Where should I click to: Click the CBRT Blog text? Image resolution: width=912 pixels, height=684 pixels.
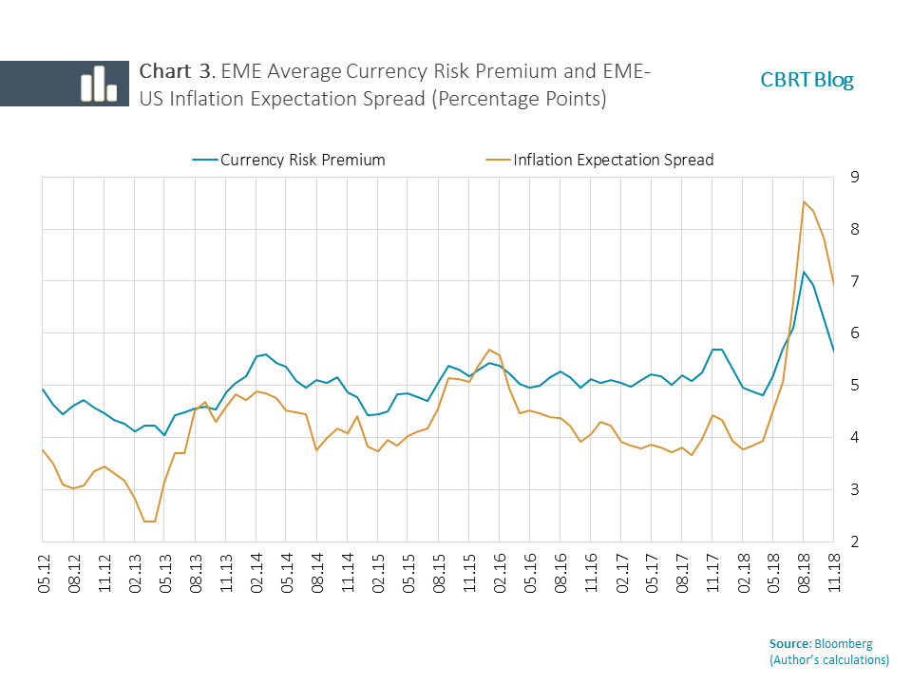807,80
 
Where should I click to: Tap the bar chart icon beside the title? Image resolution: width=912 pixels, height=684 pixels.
98,84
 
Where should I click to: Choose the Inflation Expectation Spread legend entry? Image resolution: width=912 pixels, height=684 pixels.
613,160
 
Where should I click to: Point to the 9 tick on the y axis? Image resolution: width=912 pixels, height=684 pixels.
856,177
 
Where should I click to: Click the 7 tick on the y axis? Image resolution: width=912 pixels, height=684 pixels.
856,281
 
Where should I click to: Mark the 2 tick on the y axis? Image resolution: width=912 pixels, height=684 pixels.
856,541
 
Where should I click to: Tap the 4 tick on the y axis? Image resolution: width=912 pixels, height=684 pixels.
856,438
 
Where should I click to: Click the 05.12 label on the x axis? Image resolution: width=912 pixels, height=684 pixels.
44,575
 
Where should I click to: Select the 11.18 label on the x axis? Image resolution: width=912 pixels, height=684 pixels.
833,575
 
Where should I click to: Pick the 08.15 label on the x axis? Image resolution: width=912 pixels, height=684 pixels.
439,575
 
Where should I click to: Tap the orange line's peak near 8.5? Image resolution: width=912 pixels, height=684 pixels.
804,201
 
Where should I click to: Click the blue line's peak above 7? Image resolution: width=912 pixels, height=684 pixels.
804,272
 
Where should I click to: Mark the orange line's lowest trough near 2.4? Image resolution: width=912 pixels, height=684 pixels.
149,521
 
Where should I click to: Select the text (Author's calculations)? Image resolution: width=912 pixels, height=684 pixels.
828,659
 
